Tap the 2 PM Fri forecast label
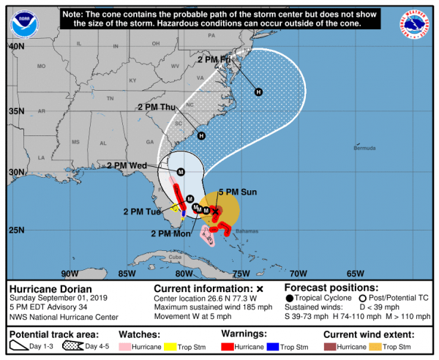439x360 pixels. click(x=219, y=59)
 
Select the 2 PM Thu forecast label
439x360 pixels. click(x=157, y=108)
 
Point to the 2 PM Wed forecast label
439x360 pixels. click(x=127, y=165)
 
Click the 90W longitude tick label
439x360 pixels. click(x=70, y=274)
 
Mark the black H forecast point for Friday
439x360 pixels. click(x=258, y=91)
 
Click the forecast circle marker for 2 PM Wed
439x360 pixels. click(x=181, y=172)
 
